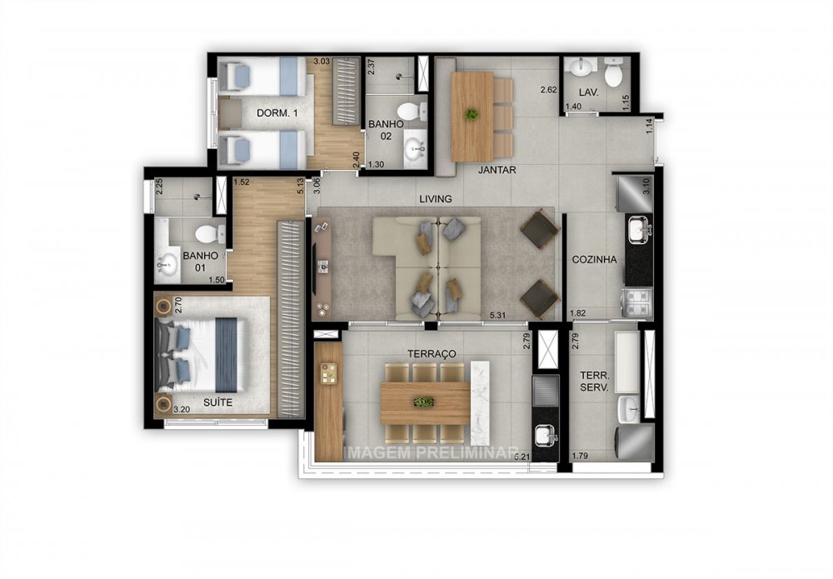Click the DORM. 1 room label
click(276, 113)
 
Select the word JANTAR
click(497, 170)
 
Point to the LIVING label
click(436, 199)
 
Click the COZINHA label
click(594, 259)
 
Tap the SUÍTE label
click(212, 403)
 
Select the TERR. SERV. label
click(594, 381)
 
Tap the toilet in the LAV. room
click(614, 75)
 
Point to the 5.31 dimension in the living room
click(499, 314)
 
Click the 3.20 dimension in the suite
click(182, 409)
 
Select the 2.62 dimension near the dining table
click(547, 90)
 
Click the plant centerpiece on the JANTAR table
click(472, 114)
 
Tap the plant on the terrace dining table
click(424, 402)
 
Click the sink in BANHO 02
click(413, 150)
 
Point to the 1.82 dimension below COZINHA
click(578, 314)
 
